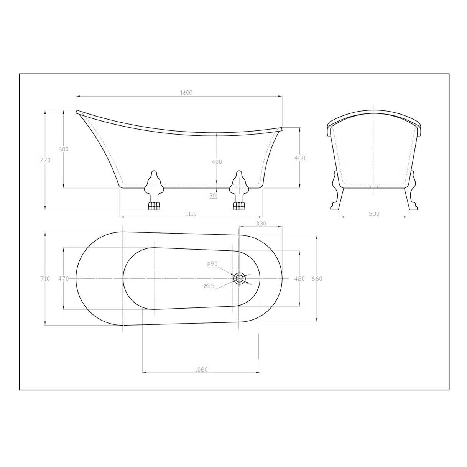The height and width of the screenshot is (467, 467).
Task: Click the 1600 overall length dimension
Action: [186, 92]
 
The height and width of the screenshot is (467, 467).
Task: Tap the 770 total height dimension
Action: [45, 160]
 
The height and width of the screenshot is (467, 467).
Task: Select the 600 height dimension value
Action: [64, 149]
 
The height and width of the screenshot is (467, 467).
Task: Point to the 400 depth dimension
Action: [217, 161]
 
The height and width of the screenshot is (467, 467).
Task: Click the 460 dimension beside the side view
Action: [300, 158]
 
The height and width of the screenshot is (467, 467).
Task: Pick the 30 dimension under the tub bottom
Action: [213, 196]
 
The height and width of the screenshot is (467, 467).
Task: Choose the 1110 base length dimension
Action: [191, 214]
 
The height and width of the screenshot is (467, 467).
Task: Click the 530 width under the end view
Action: [374, 214]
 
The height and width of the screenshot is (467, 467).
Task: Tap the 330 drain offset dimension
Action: [261, 224]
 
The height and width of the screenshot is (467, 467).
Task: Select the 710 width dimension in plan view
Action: [45, 279]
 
